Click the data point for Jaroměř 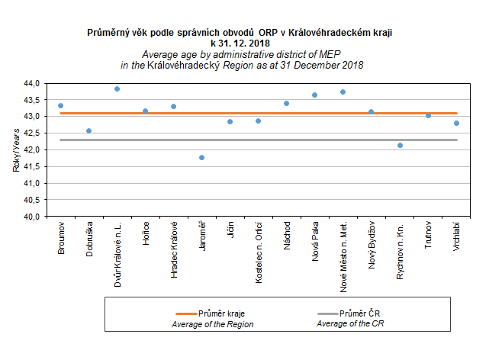[201, 157]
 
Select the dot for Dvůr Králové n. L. [117, 88]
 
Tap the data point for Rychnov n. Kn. [400, 145]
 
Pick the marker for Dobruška [88, 130]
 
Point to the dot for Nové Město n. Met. [343, 92]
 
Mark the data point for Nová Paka [315, 95]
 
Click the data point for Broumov [60, 105]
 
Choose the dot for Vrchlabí [456, 123]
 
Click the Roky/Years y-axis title [16, 150]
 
